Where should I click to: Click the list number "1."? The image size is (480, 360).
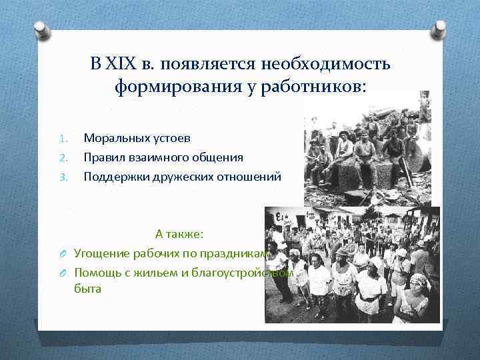[x=63, y=139]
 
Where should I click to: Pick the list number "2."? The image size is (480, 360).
[x=63, y=158]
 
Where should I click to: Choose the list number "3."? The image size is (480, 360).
[x=63, y=177]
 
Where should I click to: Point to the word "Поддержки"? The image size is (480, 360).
[x=113, y=177]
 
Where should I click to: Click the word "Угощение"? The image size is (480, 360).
[x=101, y=253]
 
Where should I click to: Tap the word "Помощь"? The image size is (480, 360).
[x=97, y=272]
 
